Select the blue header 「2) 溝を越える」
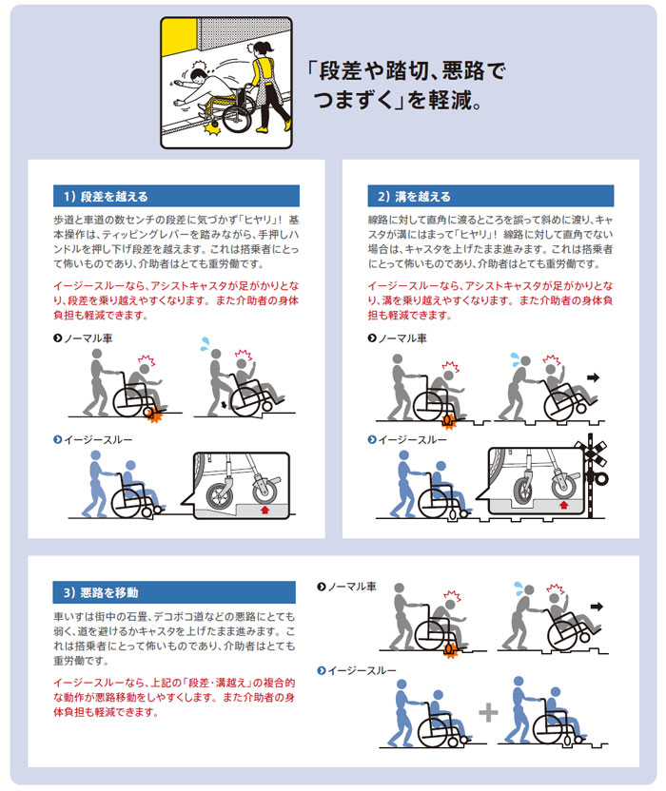(414, 197)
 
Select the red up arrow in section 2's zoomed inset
(565, 505)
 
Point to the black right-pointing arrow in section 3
(598, 605)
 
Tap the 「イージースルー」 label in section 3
(361, 670)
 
